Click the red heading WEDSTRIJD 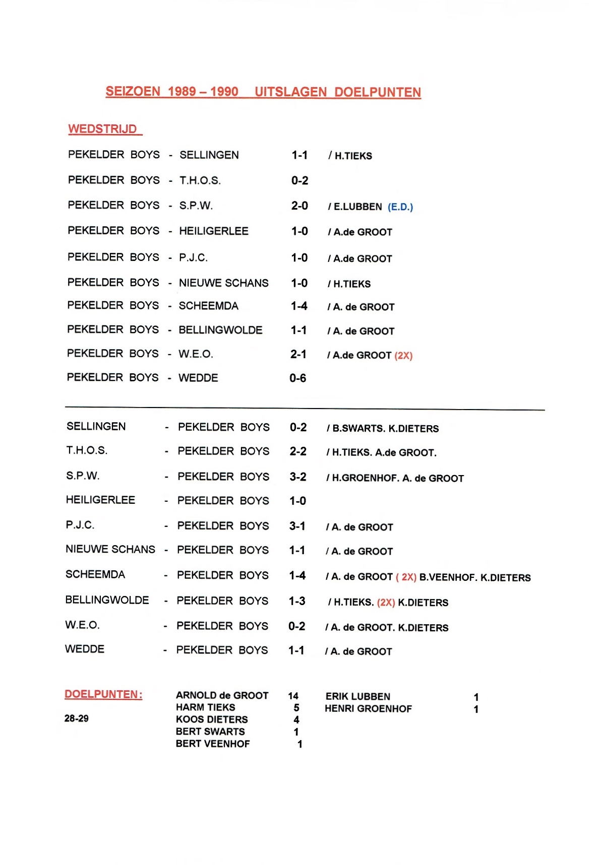[x=103, y=129]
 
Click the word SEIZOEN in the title [x=133, y=92]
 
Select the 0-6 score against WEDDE [x=297, y=378]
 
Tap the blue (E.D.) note [x=400, y=207]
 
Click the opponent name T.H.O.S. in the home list [x=200, y=180]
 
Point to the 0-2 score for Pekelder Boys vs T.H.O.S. [x=299, y=180]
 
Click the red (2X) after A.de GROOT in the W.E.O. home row [x=403, y=356]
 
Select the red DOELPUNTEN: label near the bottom [x=103, y=694]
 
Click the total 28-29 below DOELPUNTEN [x=77, y=718]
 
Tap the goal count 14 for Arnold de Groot [x=293, y=696]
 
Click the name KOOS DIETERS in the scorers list [x=212, y=719]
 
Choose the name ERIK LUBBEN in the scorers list [x=358, y=697]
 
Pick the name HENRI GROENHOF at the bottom [x=368, y=709]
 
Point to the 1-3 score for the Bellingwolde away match [x=297, y=601]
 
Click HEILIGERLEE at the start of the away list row [x=100, y=500]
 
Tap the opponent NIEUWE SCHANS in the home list [x=224, y=283]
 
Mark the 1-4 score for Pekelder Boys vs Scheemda [x=299, y=306]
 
